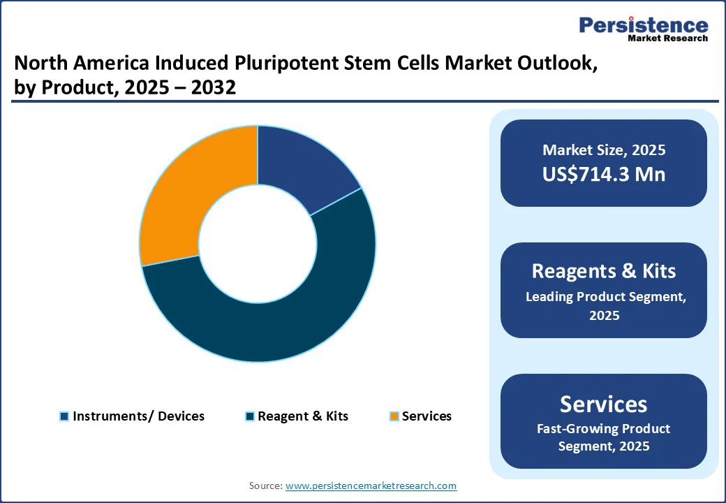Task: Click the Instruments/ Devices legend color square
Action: tap(64, 416)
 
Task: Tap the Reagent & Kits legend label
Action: tap(302, 416)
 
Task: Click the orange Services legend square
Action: tap(394, 416)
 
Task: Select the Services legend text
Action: tap(427, 416)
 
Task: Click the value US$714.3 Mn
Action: tap(604, 174)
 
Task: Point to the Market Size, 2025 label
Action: tap(604, 150)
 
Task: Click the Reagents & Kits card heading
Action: tap(604, 271)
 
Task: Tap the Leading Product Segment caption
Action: tap(604, 297)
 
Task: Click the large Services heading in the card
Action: tap(604, 404)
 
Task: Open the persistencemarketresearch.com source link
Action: tap(371, 486)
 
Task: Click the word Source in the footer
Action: tap(265, 486)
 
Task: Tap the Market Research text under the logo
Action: tap(667, 38)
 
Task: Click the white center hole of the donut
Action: tap(257, 244)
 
